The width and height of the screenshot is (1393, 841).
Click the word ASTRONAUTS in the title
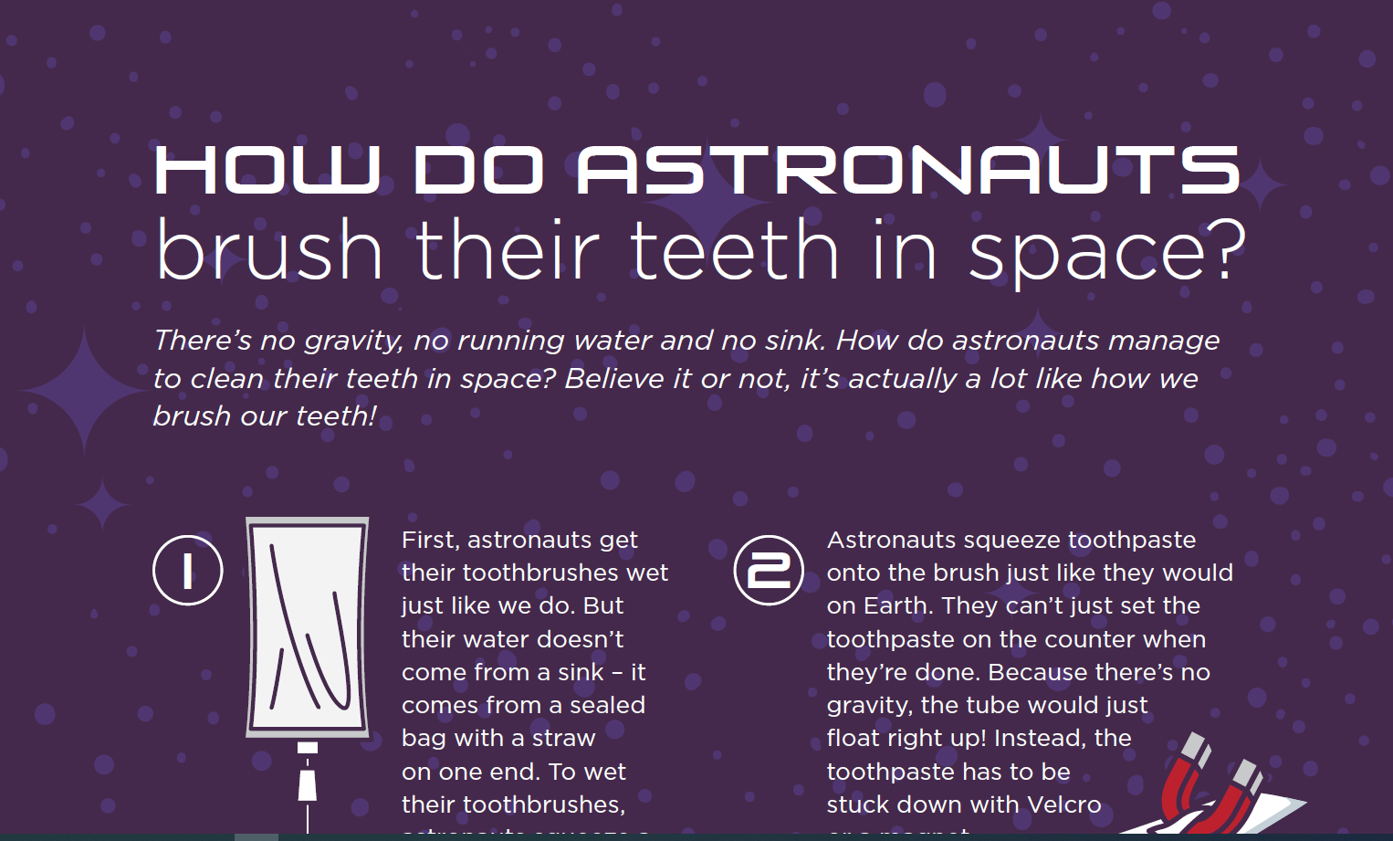pos(908,170)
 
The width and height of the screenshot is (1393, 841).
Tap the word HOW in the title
pos(267,170)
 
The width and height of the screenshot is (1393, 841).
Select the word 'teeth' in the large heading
pos(734,250)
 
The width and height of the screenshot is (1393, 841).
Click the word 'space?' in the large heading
pos(1106,252)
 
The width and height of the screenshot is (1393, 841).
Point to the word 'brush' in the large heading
pos(268,250)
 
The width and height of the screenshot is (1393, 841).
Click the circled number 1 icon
pos(188,571)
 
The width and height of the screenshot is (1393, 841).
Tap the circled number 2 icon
pos(769,571)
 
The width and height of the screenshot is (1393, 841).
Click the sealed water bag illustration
pos(308,627)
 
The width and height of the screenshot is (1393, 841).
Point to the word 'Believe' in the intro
pos(613,378)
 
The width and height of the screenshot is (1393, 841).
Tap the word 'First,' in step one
pos(430,540)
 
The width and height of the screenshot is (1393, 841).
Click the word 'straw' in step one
pos(563,738)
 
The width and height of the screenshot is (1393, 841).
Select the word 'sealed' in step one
pos(607,705)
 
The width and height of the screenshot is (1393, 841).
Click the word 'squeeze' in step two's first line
pos(1011,541)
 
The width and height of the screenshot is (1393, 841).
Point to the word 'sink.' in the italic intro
pos(794,341)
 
